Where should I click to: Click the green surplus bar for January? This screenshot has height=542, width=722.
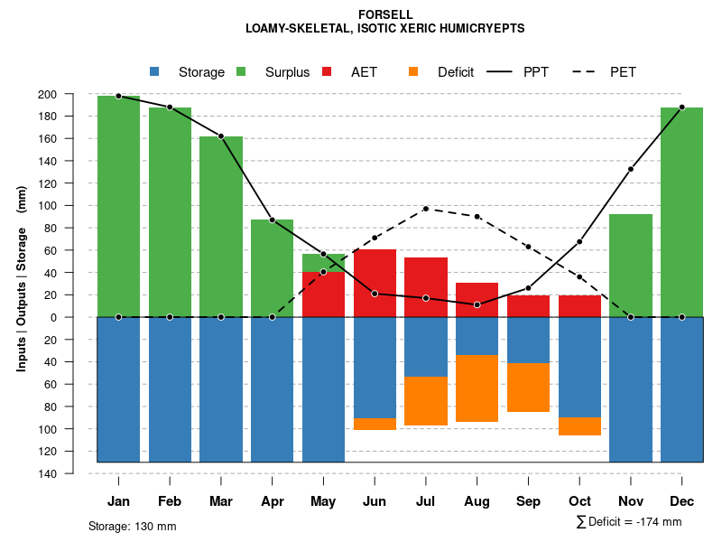pyautogui.click(x=118, y=206)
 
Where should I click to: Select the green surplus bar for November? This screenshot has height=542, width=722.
pyautogui.click(x=631, y=266)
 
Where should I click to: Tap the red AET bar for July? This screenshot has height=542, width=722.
pyautogui.click(x=426, y=287)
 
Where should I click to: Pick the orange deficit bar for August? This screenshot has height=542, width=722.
pyautogui.click(x=477, y=388)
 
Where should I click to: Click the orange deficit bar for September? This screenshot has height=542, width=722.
pyautogui.click(x=528, y=388)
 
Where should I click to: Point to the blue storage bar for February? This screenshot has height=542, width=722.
pyautogui.click(x=170, y=389)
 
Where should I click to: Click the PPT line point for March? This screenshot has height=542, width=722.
pyautogui.click(x=221, y=136)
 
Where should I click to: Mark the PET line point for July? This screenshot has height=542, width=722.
pyautogui.click(x=426, y=209)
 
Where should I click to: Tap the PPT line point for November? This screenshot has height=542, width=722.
pyautogui.click(x=631, y=169)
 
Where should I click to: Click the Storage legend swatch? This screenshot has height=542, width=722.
pyautogui.click(x=154, y=71)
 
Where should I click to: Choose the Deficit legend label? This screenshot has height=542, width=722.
pyautogui.click(x=456, y=72)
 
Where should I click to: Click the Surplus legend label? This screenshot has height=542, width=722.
pyautogui.click(x=287, y=72)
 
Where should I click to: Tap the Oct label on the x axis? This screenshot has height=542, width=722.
pyautogui.click(x=579, y=501)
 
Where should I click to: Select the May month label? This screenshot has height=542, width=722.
pyautogui.click(x=323, y=501)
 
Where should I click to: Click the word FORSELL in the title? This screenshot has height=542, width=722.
pyautogui.click(x=385, y=14)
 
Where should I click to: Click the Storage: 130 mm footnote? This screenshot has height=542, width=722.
pyautogui.click(x=133, y=526)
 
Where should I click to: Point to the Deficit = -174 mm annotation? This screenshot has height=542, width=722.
pyautogui.click(x=629, y=522)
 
